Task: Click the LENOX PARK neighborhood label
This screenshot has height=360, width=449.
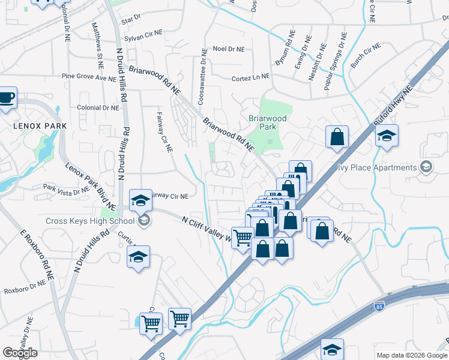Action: pyautogui.click(x=41, y=126)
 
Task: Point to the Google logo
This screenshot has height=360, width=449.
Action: pyautogui.click(x=20, y=353)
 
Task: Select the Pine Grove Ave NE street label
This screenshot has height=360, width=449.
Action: pyautogui.click(x=89, y=78)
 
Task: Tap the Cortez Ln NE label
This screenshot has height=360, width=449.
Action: pyautogui.click(x=251, y=77)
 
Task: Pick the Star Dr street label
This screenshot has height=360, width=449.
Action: pyautogui.click(x=130, y=20)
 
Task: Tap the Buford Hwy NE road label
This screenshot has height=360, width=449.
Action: pyautogui.click(x=393, y=108)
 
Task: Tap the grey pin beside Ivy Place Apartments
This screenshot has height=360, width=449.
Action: pyautogui.click(x=426, y=168)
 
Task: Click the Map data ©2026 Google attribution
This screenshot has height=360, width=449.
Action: pyautogui.click(x=412, y=355)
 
